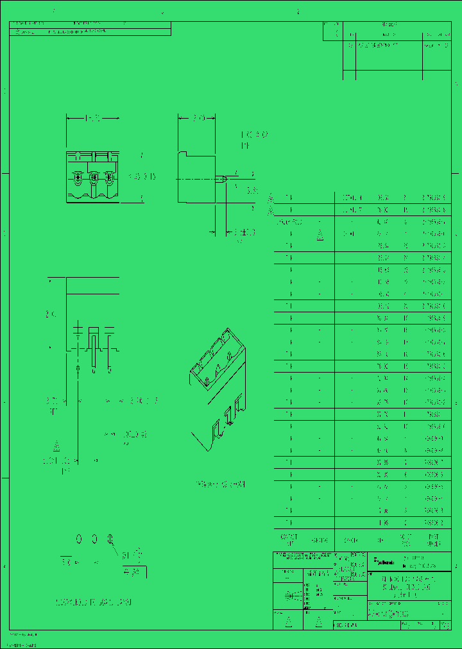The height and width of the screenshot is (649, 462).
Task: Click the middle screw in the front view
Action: click(x=94, y=176)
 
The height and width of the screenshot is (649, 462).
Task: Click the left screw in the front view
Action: click(x=78, y=176)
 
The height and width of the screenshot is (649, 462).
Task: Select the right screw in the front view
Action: click(x=110, y=176)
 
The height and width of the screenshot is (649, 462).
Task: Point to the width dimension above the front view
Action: click(x=92, y=119)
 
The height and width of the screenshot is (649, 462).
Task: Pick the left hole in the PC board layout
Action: click(x=79, y=538)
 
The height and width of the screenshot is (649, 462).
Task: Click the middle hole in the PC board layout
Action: click(x=94, y=538)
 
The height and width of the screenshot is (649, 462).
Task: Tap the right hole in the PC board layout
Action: click(x=110, y=538)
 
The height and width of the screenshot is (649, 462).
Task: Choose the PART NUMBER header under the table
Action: click(x=434, y=540)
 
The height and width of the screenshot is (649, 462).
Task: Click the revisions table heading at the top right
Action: click(x=389, y=24)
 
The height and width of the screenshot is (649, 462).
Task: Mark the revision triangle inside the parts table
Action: click(x=320, y=235)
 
